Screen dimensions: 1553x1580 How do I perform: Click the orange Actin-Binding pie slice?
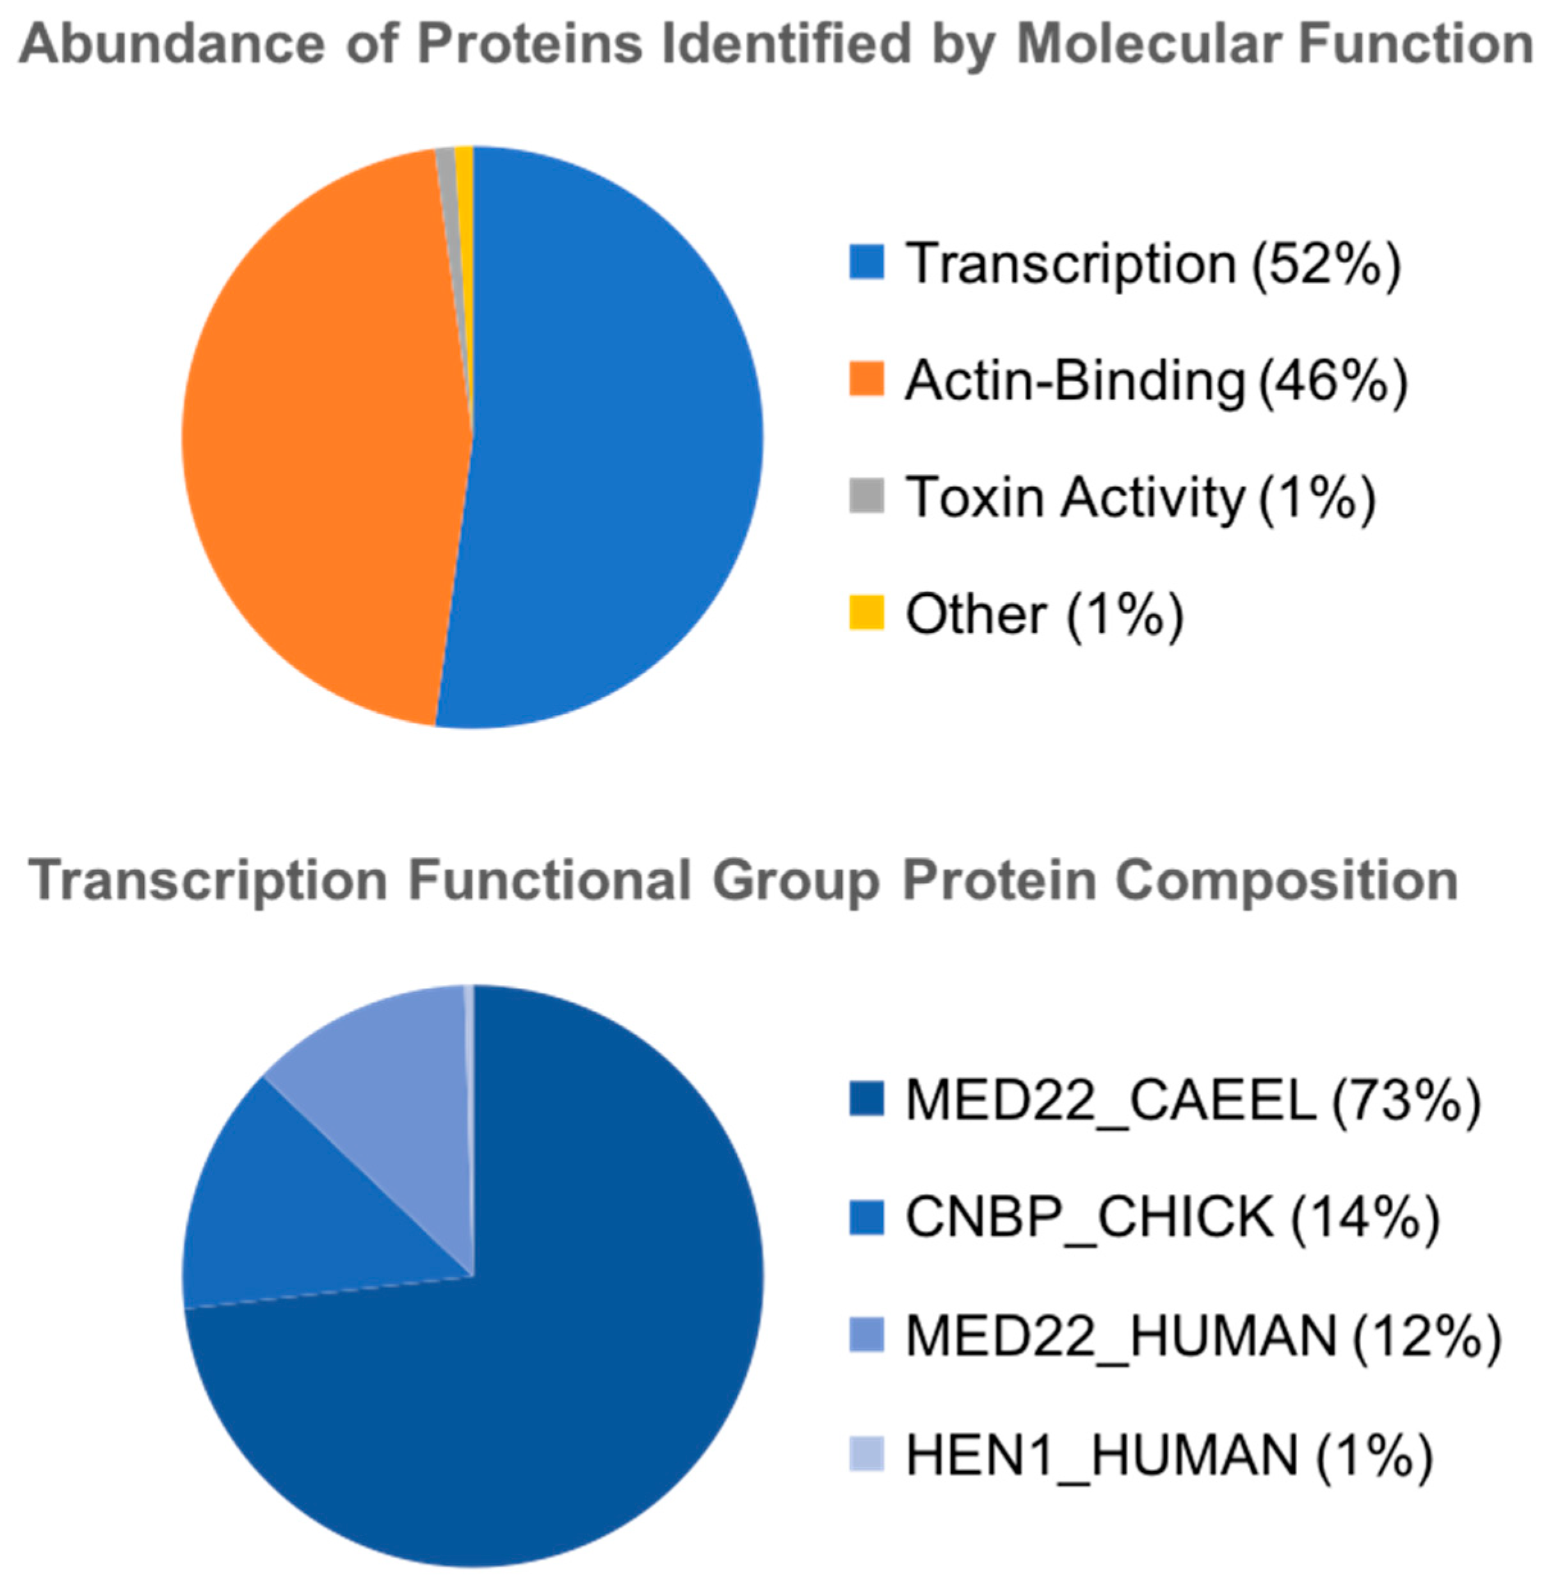click(326, 432)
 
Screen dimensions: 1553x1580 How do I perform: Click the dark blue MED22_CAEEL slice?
click(522, 1346)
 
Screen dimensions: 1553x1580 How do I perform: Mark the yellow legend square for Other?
click(866, 613)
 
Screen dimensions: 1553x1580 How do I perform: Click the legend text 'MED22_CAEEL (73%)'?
click(1193, 1102)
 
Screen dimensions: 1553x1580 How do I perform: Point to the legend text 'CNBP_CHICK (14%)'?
click(1173, 1218)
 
